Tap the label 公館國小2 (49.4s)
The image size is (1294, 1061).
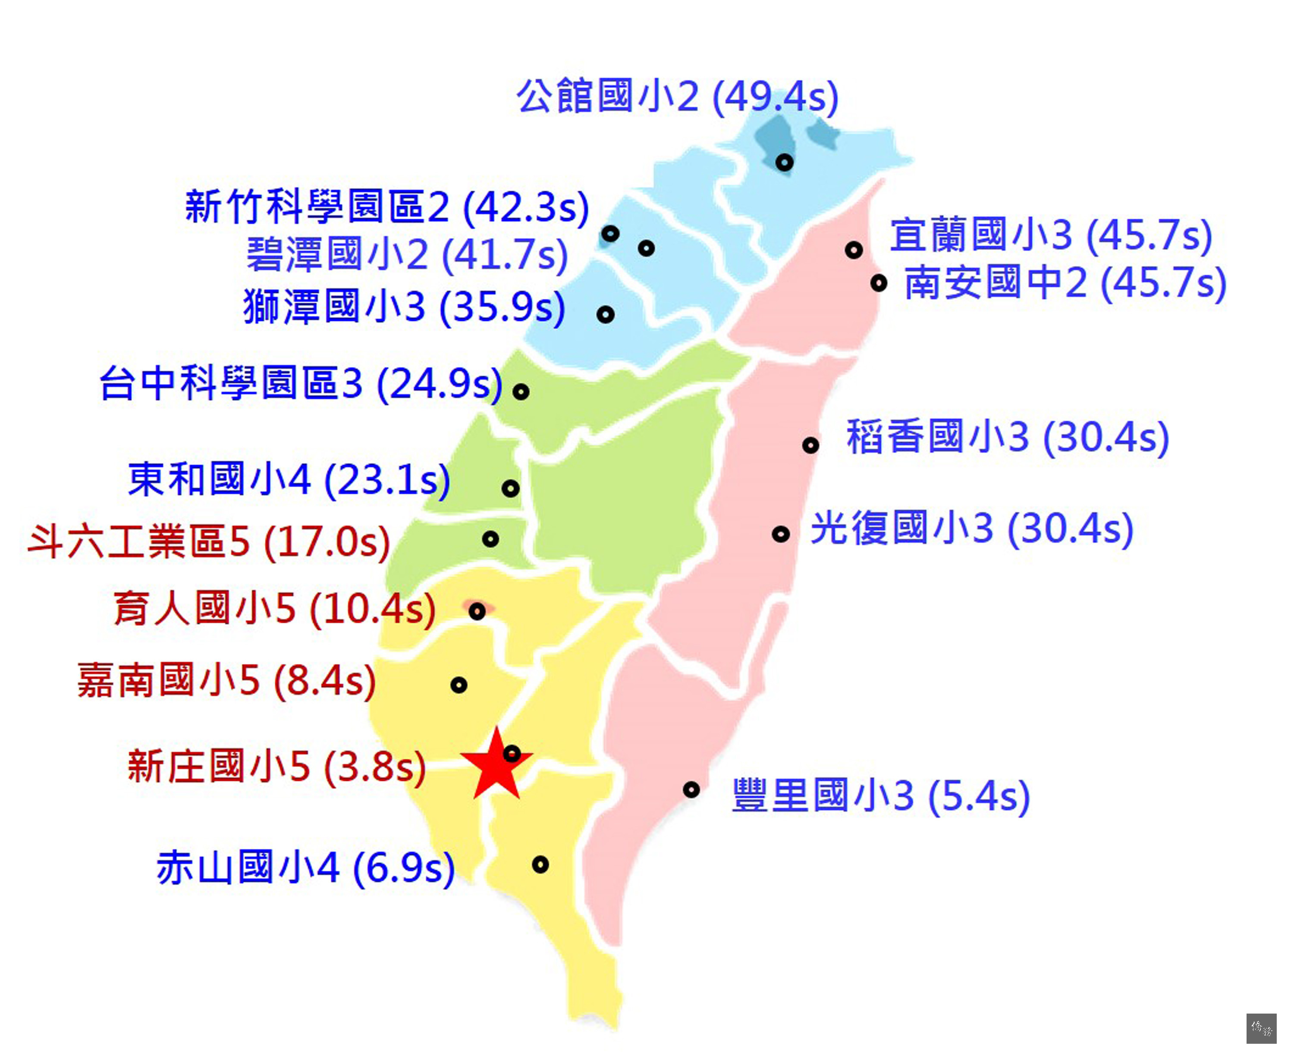[678, 97]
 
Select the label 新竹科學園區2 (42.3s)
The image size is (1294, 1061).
[387, 207]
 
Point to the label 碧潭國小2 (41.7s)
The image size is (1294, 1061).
[407, 254]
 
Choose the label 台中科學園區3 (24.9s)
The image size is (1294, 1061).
[301, 384]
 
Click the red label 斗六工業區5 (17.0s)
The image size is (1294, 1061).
[209, 541]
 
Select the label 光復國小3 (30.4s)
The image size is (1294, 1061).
[972, 528]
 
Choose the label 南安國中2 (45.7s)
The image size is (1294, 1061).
[1065, 283]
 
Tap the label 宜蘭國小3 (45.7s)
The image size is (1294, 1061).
[1051, 235]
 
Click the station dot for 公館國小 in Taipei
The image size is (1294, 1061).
[785, 163]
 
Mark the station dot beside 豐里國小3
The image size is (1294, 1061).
[691, 790]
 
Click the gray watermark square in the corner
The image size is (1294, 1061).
[1261, 1029]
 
